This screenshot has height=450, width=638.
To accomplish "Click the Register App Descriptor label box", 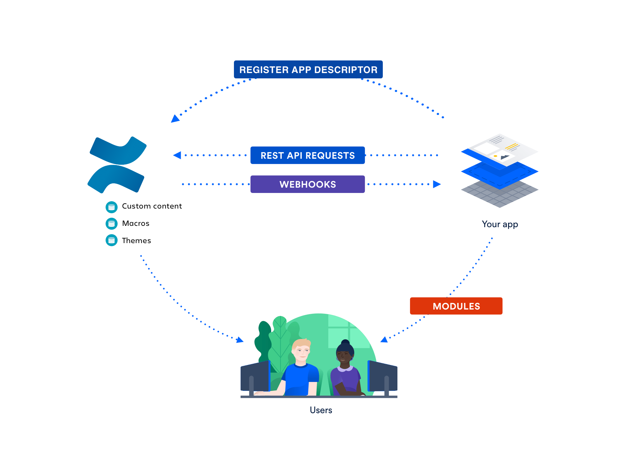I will coord(308,69).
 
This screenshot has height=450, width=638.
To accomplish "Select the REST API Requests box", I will coord(307,155).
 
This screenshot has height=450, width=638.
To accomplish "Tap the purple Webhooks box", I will coord(307,184).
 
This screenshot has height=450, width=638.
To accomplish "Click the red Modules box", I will coord(456,306).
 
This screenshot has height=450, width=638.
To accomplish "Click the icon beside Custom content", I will coord(112,207).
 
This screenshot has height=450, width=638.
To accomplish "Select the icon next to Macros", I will coord(112,224).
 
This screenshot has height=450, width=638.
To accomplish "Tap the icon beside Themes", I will coord(112,240).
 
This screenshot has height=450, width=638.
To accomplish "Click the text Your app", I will coord(500,224).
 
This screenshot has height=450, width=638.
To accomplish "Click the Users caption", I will coord(321,410).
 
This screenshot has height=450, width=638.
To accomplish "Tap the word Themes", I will coord(136,240).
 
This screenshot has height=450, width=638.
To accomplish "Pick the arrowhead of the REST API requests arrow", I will coord(177,155).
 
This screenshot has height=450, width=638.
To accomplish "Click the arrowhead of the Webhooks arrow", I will coord(437,184).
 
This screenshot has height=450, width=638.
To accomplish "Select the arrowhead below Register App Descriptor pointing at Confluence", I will coord(175,119).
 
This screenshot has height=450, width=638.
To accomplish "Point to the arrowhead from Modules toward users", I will coord(384,339).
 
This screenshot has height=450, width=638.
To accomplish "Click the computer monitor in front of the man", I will coord(255,377).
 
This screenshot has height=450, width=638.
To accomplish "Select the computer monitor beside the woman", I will coord(383,377).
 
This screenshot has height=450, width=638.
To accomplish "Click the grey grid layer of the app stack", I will coord(499,196).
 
